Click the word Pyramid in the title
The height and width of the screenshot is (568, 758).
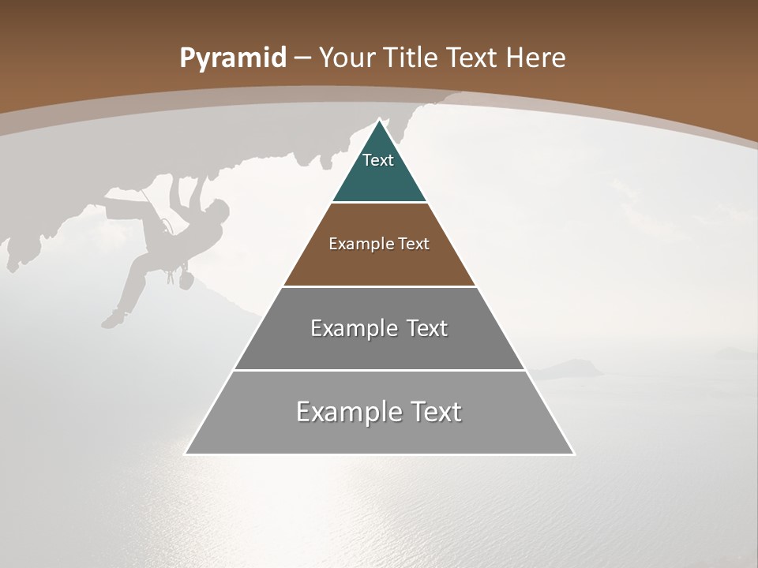point(232,58)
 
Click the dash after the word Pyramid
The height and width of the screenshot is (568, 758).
point(302,58)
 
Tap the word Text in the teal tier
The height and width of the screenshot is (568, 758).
point(378,160)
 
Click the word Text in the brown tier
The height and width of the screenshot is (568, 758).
point(414,244)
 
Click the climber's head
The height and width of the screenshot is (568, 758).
point(219,208)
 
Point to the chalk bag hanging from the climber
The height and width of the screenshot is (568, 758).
point(186,279)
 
